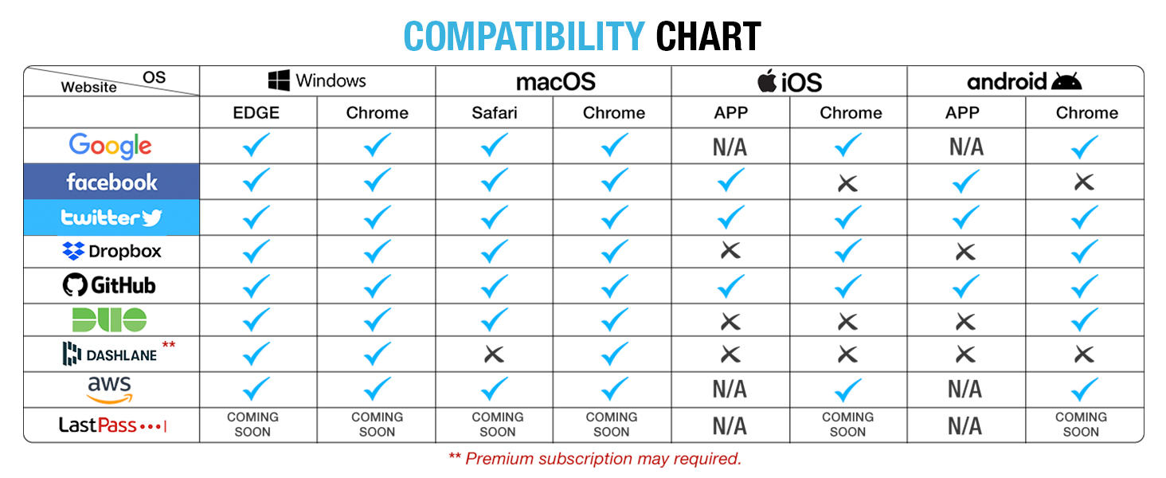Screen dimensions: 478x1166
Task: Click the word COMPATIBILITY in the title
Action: (523, 36)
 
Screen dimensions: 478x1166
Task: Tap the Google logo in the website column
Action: (110, 146)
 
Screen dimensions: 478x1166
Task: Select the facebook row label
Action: (112, 182)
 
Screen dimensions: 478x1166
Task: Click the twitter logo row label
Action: (112, 217)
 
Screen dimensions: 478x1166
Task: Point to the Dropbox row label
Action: (112, 252)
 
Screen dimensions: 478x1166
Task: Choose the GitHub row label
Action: (110, 285)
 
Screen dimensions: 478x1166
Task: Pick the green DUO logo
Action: (110, 319)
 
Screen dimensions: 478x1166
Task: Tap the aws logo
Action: (110, 389)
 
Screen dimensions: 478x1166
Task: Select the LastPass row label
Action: (112, 425)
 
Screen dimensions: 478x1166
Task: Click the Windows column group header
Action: (317, 80)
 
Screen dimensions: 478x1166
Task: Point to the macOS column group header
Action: (555, 81)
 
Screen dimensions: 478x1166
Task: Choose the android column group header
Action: (1024, 81)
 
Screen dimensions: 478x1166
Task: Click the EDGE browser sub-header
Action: (256, 113)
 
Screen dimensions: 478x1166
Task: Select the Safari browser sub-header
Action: (495, 113)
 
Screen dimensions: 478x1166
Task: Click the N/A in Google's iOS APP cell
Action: (730, 147)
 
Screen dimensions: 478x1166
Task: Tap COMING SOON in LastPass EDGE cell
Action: (253, 425)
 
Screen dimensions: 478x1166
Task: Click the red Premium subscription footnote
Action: (595, 459)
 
